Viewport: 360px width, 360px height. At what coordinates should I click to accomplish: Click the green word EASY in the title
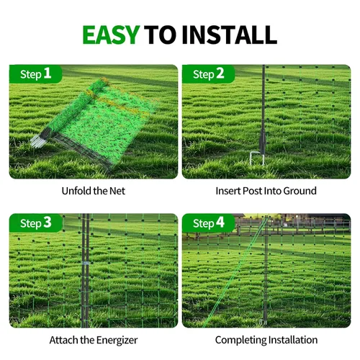pos(111,35)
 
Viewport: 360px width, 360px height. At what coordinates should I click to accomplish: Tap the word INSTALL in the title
pos(230,35)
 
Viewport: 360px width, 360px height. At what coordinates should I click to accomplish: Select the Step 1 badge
pos(36,74)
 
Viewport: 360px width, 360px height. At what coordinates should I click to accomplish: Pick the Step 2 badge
pos(209,74)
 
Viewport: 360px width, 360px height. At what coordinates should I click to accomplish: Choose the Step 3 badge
pos(36,223)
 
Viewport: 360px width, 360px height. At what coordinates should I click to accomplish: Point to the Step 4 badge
pos(209,223)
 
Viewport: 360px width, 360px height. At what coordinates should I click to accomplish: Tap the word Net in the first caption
pos(117,191)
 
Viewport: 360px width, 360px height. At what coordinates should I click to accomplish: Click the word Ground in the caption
pos(300,191)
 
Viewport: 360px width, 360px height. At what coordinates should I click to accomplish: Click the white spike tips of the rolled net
pos(38,141)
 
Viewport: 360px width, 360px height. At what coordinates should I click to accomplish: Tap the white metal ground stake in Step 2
pos(257,158)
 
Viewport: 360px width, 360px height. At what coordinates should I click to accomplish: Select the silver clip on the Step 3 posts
pos(86,264)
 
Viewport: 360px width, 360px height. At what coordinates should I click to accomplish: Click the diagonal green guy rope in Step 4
pos(235,272)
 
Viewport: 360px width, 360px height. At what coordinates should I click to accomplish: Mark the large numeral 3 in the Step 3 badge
pos(48,222)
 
